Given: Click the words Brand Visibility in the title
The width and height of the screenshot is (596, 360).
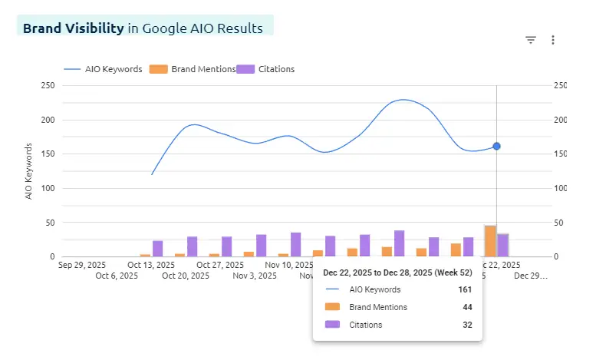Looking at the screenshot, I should click(x=73, y=28).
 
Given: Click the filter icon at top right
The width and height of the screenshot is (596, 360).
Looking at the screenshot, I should click(x=530, y=40).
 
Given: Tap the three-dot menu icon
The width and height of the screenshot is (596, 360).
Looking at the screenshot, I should click(x=553, y=40).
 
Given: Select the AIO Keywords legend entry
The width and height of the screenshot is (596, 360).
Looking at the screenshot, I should click(x=103, y=69).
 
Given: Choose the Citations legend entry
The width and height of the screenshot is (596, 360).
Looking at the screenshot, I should click(x=266, y=69).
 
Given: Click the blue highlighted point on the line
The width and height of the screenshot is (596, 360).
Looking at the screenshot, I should click(x=496, y=146).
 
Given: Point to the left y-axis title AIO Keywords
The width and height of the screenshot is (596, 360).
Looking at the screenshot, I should click(x=29, y=171).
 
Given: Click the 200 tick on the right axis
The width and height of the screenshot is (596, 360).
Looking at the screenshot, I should click(x=560, y=120).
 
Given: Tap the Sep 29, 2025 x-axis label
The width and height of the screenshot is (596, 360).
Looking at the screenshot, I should click(x=82, y=266).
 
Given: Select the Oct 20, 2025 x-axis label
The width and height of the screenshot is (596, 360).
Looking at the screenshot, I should click(x=186, y=276).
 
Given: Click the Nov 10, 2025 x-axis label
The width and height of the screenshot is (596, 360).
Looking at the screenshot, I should click(x=290, y=266).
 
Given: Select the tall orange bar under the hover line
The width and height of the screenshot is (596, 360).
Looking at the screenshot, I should click(x=489, y=241).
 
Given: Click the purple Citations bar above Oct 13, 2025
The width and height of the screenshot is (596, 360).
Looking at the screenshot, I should click(x=158, y=248).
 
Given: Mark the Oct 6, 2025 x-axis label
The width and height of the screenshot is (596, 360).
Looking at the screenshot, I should click(x=117, y=276).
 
